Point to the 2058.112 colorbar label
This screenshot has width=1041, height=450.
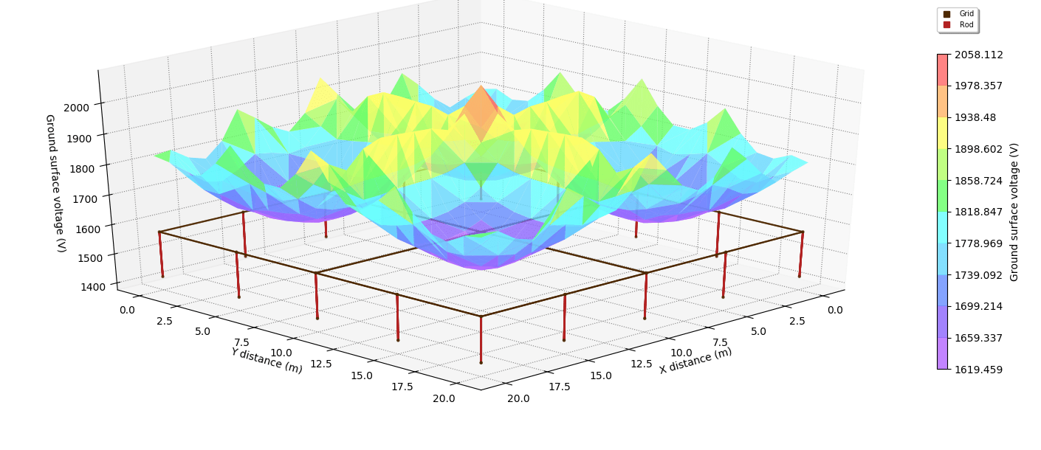[978, 55]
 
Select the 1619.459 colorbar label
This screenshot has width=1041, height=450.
[978, 369]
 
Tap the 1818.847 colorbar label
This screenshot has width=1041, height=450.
[978, 212]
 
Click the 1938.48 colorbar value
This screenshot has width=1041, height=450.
[975, 117]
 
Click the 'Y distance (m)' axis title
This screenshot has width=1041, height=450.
[267, 360]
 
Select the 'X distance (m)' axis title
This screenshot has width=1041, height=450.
[695, 360]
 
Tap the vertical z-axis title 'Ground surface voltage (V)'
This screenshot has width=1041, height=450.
[55, 183]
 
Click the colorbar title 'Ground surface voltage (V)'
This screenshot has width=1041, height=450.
[1014, 212]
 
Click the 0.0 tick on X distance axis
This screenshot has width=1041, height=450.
[835, 310]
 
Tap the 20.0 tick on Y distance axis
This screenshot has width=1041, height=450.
[444, 398]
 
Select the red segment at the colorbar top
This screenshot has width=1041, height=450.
[942, 69]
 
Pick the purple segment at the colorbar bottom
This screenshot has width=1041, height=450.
[942, 353]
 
